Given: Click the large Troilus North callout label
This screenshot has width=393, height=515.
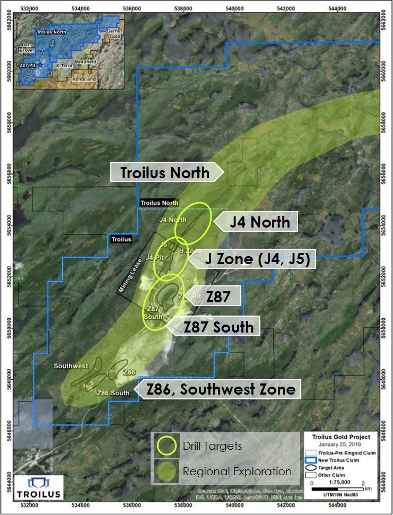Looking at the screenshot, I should tap(164, 173).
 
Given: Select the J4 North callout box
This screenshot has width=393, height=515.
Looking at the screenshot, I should tap(260, 222).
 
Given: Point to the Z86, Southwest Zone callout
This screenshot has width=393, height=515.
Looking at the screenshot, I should tap(221, 389).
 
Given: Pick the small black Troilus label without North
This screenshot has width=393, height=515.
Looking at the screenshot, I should tap(121, 240).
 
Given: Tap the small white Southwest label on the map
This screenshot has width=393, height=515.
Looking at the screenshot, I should tap(71, 366).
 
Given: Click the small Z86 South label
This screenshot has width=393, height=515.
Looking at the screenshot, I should tap(112, 393).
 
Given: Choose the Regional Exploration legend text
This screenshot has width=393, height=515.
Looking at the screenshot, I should tap(237, 471).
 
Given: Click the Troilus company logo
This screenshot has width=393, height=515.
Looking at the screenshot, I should tap(38, 487).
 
